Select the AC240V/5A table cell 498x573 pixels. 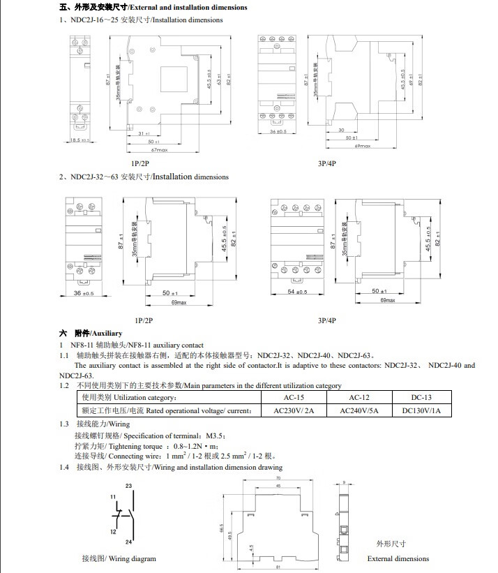tap(359, 410)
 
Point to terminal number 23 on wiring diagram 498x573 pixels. tap(128, 486)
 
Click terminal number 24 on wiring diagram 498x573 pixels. tap(128, 542)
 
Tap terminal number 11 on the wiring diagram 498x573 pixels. tap(113, 496)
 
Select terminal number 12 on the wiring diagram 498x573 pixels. tap(113, 532)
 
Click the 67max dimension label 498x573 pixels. tap(159, 150)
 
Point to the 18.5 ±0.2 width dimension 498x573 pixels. tap(80, 140)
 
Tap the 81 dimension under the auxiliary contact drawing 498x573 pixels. tap(278, 567)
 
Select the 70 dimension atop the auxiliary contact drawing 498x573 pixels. tap(278, 477)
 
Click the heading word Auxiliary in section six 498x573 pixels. tap(107, 334)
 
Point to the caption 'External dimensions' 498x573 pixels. tap(398, 558)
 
